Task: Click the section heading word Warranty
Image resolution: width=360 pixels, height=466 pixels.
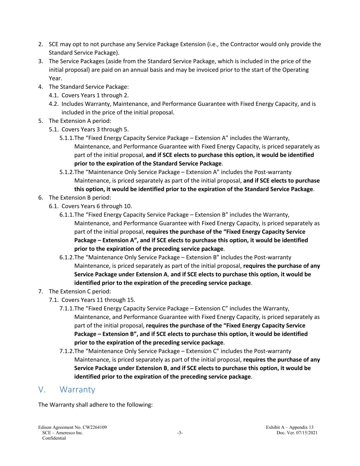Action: coord(77,390)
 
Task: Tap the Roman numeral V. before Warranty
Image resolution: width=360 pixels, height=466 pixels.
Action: coord(42,390)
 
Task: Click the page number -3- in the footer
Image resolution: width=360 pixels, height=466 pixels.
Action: coord(180,433)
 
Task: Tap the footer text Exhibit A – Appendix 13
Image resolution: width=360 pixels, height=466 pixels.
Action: coord(290,427)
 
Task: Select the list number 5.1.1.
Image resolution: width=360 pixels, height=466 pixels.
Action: coord(67,138)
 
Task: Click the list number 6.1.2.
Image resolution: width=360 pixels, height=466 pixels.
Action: coord(67,257)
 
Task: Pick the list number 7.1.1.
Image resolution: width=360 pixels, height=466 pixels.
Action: coord(67,309)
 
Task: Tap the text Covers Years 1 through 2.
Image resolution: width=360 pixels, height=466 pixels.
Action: coord(95,95)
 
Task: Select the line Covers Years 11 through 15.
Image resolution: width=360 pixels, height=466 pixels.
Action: coord(98,300)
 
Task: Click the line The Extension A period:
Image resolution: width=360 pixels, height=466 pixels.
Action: coord(80,121)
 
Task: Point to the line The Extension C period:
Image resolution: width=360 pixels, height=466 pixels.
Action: coord(80,292)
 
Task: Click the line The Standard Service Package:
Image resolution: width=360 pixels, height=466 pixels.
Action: coord(89,87)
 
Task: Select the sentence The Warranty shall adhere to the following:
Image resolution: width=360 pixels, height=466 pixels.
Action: coord(95,405)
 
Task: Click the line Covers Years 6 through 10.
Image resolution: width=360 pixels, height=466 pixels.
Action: coord(97,206)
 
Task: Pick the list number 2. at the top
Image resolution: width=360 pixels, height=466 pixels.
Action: coord(41,44)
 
